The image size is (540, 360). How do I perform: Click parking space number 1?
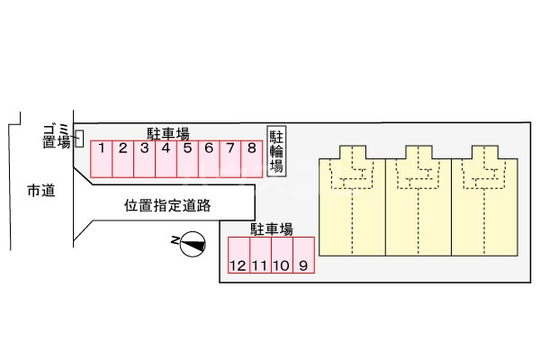(101, 157)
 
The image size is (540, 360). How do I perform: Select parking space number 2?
(122, 157)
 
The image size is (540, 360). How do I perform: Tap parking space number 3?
(144, 157)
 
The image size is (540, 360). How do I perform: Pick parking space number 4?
(166, 157)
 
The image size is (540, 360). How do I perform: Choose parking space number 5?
(187, 157)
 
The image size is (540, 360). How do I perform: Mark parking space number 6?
(209, 157)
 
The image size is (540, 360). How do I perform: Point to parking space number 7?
(230, 157)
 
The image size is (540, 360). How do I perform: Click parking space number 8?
(252, 157)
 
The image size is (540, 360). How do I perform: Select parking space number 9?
(304, 256)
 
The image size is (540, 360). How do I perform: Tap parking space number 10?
(282, 256)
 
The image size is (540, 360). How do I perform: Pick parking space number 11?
(260, 256)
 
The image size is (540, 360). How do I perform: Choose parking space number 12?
(238, 256)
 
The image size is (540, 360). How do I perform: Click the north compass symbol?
(192, 243)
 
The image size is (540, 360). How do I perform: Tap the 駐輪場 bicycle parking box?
(277, 151)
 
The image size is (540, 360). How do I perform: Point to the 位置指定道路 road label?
(167, 205)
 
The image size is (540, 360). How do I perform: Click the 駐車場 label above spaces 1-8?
(169, 132)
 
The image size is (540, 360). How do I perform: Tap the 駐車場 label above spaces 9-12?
(271, 229)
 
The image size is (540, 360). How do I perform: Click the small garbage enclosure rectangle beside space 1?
(79, 139)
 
